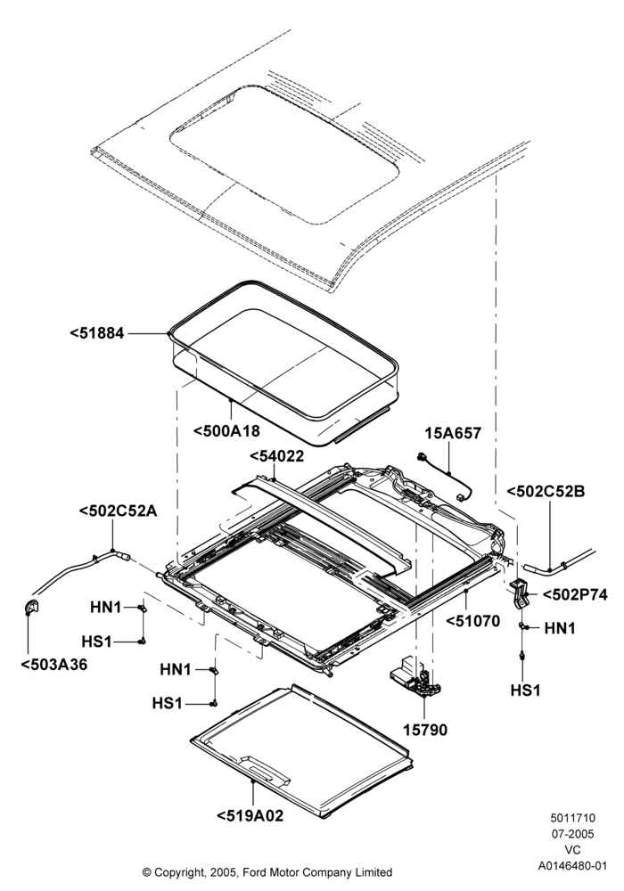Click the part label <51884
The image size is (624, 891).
pos(96,333)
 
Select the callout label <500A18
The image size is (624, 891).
pos(226,431)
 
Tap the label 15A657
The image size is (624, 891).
pos(453,434)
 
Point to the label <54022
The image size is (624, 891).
pos(276,455)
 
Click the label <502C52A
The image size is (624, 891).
pos(119,511)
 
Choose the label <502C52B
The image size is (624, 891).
pos(545,492)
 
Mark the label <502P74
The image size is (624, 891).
pos(575,595)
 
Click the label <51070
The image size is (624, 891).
pos(472,621)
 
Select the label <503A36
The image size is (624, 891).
pos(54,665)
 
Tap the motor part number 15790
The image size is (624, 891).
pos(425,731)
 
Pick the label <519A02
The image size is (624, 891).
pos(250,816)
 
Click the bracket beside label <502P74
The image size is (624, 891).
pos(521,593)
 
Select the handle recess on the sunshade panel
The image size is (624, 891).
pos(266,768)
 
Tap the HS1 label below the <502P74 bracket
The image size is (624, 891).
pos(526,691)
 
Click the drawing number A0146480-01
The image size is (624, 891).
pos(573,866)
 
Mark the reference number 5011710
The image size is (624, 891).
pos(573,818)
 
